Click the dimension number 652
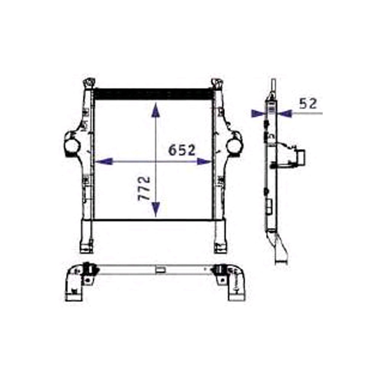coord(182,150)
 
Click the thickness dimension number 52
coord(308,103)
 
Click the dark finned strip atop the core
coord(152,93)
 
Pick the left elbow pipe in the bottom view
coord(73,284)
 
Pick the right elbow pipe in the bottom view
coord(236,284)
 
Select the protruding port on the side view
coord(299,155)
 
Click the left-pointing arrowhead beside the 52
coord(284,113)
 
